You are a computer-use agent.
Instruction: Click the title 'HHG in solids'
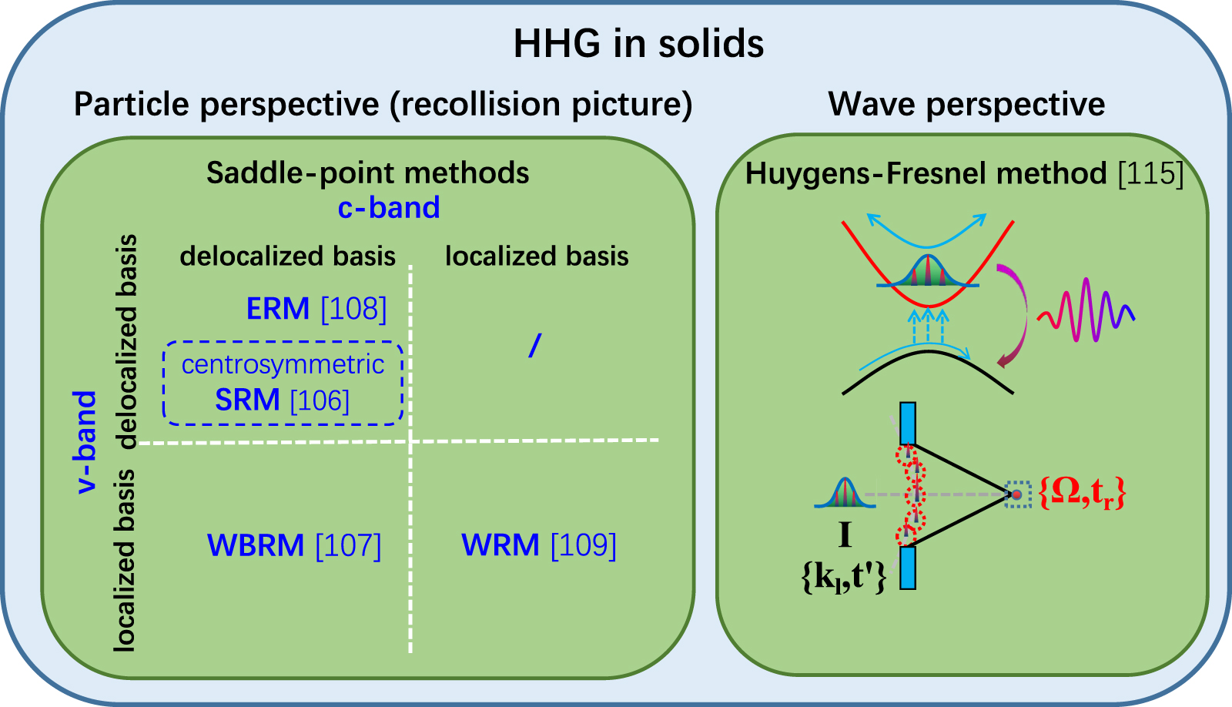pyautogui.click(x=638, y=43)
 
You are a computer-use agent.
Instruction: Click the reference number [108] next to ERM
pyautogui.click(x=353, y=309)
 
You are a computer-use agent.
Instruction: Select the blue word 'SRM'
pyautogui.click(x=247, y=400)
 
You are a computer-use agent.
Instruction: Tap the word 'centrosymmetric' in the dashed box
pyautogui.click(x=283, y=364)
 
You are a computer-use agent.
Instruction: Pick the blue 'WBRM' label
pyautogui.click(x=256, y=545)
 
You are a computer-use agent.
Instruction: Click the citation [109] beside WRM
pyautogui.click(x=583, y=545)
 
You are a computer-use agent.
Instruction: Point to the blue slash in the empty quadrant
pyautogui.click(x=535, y=346)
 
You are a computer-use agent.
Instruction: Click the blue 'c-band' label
pyautogui.click(x=389, y=208)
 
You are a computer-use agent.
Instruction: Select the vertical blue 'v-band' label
pyautogui.click(x=85, y=441)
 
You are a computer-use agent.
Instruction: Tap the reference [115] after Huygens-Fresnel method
pyautogui.click(x=1150, y=173)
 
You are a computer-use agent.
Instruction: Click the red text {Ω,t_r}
pyautogui.click(x=1082, y=492)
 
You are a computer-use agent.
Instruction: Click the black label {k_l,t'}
pyautogui.click(x=844, y=576)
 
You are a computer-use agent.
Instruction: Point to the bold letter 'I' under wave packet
pyautogui.click(x=845, y=534)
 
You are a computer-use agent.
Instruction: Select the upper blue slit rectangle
pyautogui.click(x=908, y=423)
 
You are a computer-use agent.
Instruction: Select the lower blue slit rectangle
pyautogui.click(x=908, y=568)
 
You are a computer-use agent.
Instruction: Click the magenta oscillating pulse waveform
pyautogui.click(x=1086, y=310)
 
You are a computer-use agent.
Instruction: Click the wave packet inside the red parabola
pyautogui.click(x=927, y=273)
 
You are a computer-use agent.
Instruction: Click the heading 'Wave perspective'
pyautogui.click(x=966, y=104)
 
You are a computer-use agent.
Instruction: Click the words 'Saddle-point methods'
pyautogui.click(x=367, y=173)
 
